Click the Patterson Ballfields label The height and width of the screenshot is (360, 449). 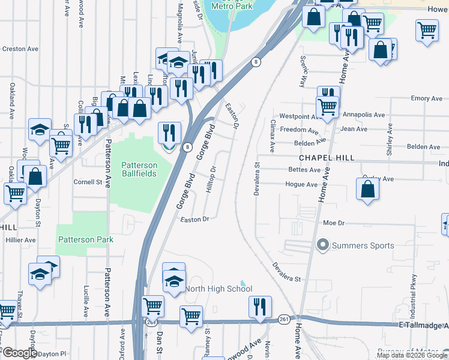pos(139,169)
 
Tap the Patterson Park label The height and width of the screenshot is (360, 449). pos(85,239)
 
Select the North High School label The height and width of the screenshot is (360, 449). pos(218,289)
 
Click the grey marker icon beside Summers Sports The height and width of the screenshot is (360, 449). pos(323,245)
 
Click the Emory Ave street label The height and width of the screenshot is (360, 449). pos(427,98)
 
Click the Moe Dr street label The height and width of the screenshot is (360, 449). pos(333,223)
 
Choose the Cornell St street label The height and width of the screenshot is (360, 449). pos(88,182)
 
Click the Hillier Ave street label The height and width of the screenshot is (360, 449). pos(21,239)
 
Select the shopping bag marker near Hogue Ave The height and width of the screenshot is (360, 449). pos(367,188)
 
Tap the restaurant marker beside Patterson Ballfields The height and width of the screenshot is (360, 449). pos(170,133)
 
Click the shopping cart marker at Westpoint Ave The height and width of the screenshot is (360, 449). pos(327,107)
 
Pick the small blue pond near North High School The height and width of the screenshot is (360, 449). pos(243,283)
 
